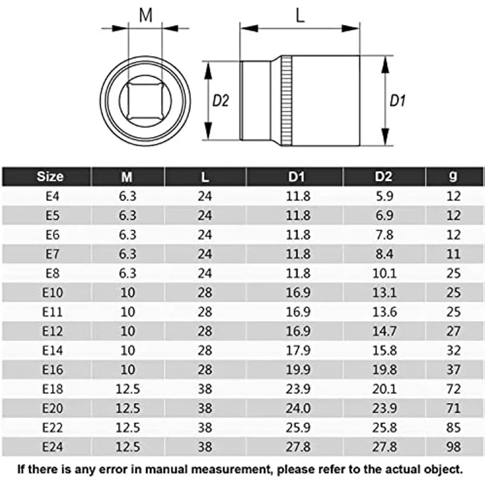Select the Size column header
coord(50,177)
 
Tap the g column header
coord(453,177)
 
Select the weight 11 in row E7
coord(453,254)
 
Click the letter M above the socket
coord(145,15)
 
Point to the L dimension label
coord(300,15)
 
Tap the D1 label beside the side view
coord(397,101)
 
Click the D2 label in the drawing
coord(221,101)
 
